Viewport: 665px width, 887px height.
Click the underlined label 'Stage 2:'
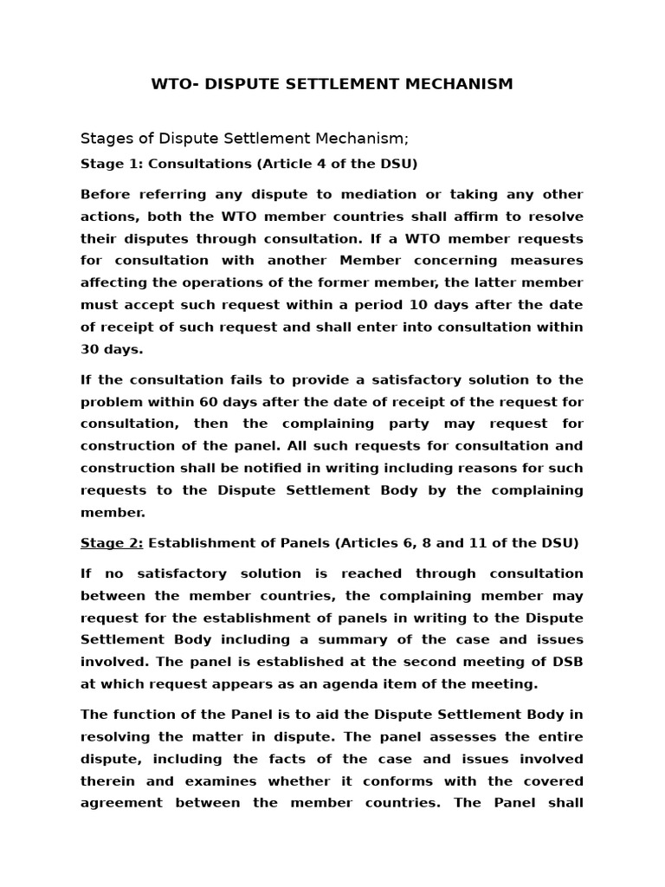(x=112, y=543)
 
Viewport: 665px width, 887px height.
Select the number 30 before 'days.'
(x=92, y=349)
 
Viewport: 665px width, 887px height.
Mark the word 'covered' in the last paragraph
(x=554, y=780)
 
